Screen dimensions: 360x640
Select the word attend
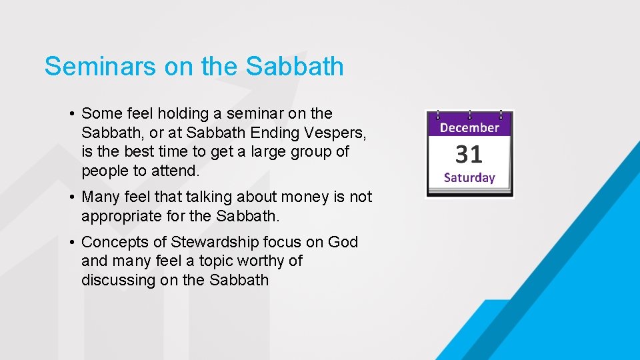[x=176, y=171]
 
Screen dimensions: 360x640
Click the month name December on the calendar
[x=469, y=127]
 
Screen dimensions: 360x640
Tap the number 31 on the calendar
[x=469, y=155]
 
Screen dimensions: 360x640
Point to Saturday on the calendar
[x=469, y=178]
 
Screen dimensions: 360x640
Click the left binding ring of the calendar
[x=437, y=115]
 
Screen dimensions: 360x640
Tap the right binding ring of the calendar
[x=501, y=115]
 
